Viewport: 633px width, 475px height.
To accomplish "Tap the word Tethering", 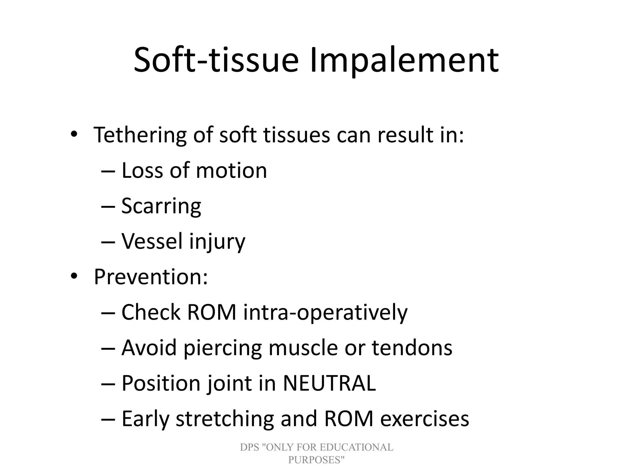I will coord(140,135).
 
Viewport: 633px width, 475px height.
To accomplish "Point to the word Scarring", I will coord(161,206).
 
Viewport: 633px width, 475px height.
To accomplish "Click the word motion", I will coord(231,171).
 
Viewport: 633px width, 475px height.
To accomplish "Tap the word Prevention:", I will coord(151,277).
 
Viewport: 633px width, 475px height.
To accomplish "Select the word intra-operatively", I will coord(325,313).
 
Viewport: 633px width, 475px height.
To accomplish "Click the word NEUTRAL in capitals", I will coord(329,383).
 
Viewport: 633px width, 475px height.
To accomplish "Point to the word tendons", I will coord(412,348).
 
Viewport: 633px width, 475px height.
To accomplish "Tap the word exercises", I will coord(424,419).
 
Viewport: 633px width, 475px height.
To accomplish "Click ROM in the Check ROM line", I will coord(212,312).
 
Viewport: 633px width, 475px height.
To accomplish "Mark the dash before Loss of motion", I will coord(108,171).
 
